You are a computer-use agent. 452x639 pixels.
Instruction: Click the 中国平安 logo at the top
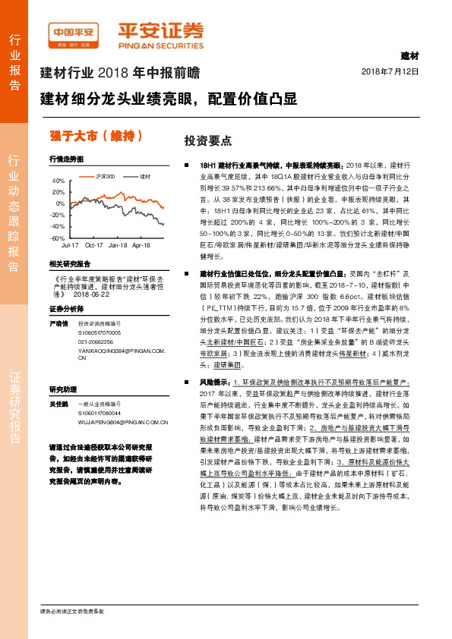(73, 31)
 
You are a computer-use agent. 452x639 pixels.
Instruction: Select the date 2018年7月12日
(390, 71)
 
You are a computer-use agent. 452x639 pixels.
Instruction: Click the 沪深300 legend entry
(106, 176)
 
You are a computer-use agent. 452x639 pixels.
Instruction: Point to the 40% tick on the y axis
(59, 181)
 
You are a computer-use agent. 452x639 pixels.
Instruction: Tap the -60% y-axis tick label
(58, 238)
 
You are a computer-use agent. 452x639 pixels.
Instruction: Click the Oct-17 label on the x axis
(93, 246)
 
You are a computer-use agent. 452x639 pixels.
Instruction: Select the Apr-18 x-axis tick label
(141, 246)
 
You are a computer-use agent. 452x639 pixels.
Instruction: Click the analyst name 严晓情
(58, 322)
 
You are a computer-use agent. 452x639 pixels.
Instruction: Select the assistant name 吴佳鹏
(58, 402)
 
